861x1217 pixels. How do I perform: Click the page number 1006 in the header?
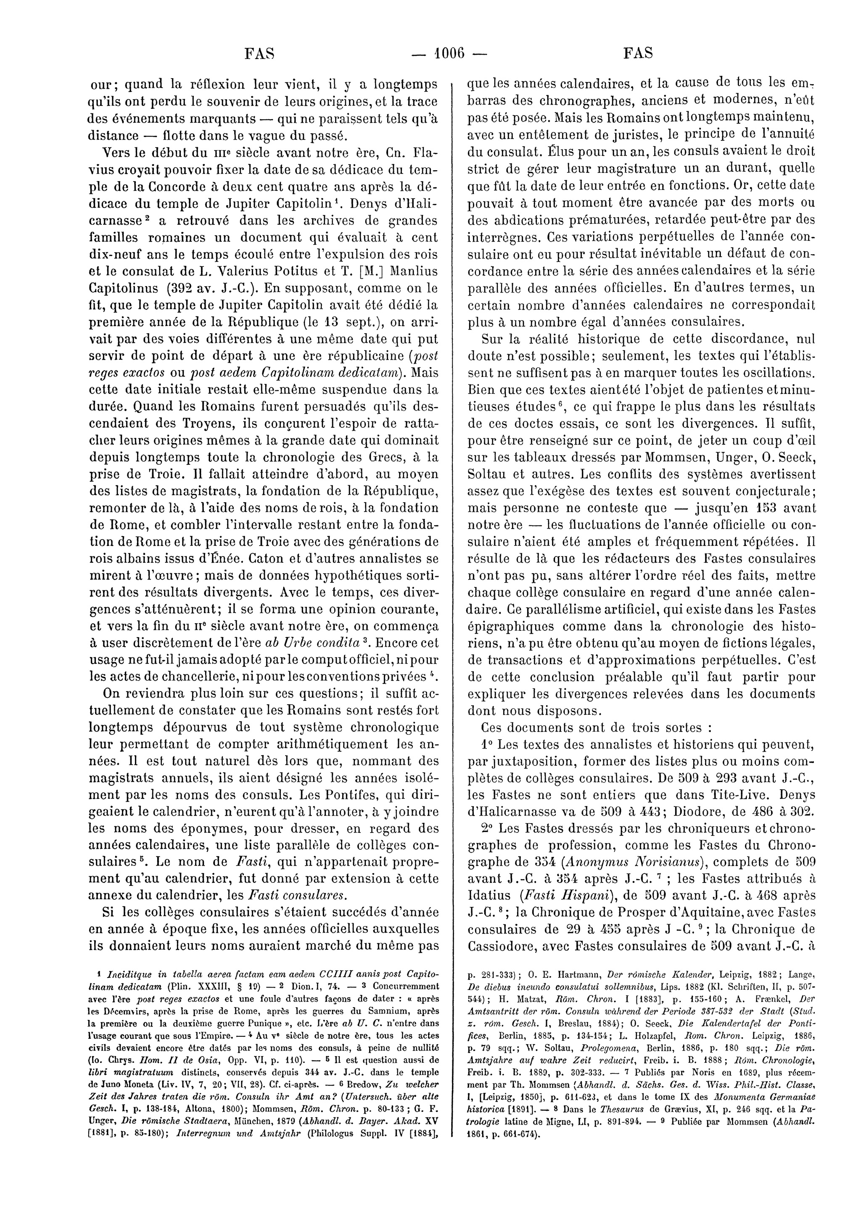446,53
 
